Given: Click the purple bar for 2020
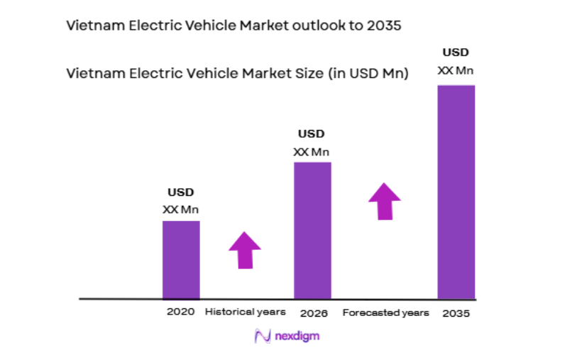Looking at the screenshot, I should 181,259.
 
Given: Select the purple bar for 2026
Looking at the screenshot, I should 312,230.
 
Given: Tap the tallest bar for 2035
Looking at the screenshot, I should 456,192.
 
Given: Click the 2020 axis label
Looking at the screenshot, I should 180,312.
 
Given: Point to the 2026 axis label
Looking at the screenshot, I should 313,313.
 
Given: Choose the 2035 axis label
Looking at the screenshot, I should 456,313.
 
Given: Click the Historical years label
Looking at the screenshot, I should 245,312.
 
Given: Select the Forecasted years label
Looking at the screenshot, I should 386,313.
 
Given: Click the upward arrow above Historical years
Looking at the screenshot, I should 245,250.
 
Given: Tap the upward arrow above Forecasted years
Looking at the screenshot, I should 385,201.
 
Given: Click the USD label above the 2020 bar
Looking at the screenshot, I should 180,192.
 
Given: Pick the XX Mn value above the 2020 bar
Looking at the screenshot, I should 180,209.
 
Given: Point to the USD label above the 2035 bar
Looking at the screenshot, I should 456,52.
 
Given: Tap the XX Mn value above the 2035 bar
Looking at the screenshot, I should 456,70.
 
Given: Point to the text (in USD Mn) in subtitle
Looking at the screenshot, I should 368,72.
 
